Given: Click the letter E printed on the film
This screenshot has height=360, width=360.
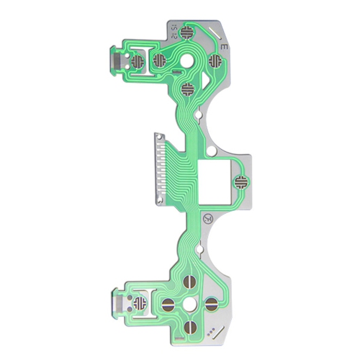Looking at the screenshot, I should click(x=225, y=46).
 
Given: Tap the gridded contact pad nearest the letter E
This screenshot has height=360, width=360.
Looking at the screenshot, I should click(x=213, y=60).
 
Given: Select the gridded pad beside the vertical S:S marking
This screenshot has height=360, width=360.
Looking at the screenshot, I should click(x=187, y=32).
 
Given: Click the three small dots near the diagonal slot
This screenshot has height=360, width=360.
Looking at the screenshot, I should click(x=211, y=333).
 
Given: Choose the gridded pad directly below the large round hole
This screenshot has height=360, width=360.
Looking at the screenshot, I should click(x=187, y=90).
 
